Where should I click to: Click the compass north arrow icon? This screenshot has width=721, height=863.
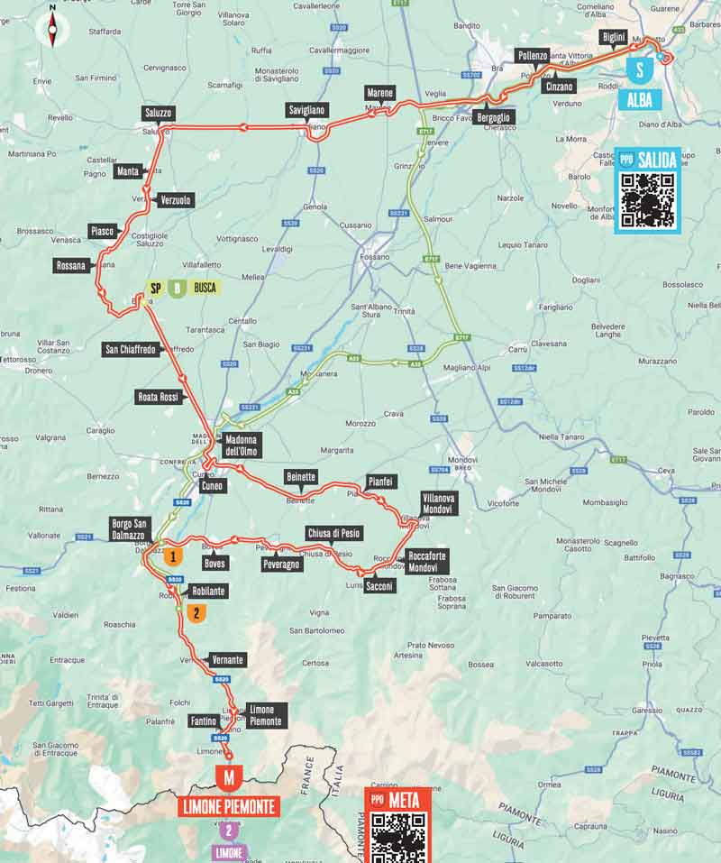(52, 30)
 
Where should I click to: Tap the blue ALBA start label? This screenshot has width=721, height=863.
(641, 99)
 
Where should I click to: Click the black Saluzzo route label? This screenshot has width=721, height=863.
(158, 113)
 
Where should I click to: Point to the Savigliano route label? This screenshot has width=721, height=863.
(308, 110)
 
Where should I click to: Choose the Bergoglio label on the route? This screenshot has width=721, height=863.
(494, 118)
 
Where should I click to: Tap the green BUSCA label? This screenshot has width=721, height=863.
(206, 289)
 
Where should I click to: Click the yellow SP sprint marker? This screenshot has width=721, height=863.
(156, 289)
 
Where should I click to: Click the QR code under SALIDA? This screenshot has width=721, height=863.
(647, 200)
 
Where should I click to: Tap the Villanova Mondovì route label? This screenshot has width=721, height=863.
(440, 503)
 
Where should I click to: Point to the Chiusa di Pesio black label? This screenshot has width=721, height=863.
(333, 533)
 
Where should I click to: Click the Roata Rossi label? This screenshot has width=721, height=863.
(160, 396)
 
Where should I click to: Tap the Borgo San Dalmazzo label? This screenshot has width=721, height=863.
(128, 528)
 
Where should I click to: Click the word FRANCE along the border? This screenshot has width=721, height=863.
(309, 775)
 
